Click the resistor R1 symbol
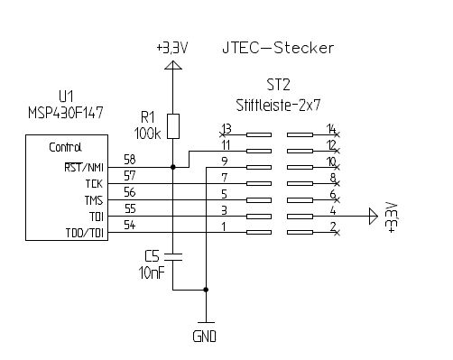[173, 126]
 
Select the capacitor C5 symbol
[173, 257]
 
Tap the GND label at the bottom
[204, 337]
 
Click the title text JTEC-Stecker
[278, 48]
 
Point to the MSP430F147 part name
[66, 113]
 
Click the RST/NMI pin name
[84, 167]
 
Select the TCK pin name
[94, 184]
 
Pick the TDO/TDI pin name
[85, 233]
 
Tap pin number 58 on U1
[130, 160]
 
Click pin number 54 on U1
[130, 225]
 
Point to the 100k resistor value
[147, 134]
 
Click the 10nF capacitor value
[152, 272]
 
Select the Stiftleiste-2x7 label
[278, 106]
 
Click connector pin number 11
[226, 145]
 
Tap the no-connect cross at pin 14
[337, 134]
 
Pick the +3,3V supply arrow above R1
[173, 65]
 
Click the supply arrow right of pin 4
[374, 216]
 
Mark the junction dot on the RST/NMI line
[173, 167]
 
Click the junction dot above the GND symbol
[206, 290]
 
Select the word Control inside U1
[65, 147]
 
